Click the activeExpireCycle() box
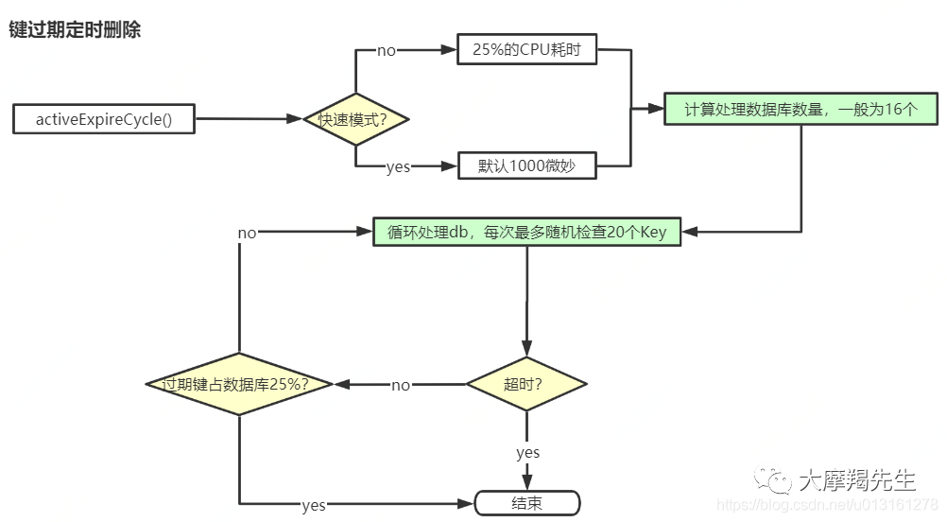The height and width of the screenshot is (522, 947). click(104, 119)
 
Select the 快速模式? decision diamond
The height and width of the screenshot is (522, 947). click(355, 119)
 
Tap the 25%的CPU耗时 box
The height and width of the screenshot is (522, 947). click(526, 49)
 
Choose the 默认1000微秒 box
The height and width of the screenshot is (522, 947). click(526, 165)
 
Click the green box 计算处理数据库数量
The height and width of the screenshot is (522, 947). click(801, 109)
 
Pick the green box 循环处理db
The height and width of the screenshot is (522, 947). click(526, 232)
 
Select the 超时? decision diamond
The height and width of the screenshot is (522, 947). click(526, 384)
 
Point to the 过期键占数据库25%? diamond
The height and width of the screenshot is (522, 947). click(239, 384)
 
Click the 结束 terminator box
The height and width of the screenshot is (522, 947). click(527, 503)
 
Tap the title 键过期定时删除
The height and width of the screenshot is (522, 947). click(75, 29)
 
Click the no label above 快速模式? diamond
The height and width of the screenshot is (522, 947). click(387, 51)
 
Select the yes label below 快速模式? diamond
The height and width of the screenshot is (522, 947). click(399, 166)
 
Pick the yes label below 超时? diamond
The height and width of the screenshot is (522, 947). click(528, 453)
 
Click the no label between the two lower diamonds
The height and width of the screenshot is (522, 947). click(401, 385)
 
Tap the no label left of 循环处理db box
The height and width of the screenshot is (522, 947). click(247, 233)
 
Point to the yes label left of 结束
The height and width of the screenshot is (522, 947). click(314, 505)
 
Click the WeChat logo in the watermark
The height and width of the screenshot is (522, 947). click(772, 479)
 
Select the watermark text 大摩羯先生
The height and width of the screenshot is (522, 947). click(857, 480)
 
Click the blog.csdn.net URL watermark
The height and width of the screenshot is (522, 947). click(827, 504)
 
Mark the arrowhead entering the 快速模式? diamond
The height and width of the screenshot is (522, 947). click(294, 119)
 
